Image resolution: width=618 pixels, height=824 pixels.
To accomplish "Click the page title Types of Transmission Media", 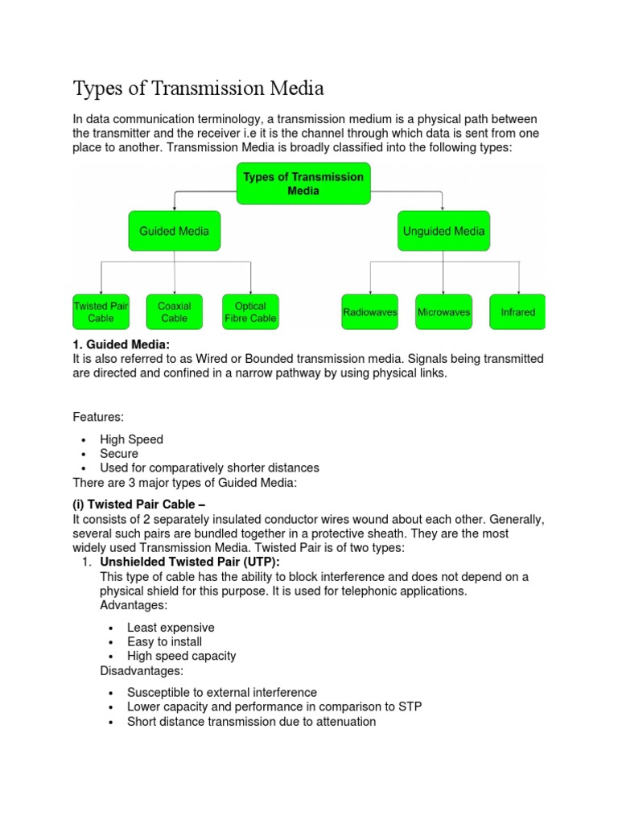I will pos(198,87).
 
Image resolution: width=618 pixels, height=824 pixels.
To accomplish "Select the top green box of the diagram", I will pos(303,183).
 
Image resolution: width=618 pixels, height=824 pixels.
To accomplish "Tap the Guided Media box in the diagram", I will pos(174,231).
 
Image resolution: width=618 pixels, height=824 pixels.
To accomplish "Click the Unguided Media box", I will pos(443,231).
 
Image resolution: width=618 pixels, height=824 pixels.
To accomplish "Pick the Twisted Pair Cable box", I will pos(101,312).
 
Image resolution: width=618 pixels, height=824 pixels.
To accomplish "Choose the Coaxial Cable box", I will pos(174,312).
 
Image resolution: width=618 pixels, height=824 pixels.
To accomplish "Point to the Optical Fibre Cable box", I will pos(250,312).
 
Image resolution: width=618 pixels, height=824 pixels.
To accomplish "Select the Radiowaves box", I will pos(369,312).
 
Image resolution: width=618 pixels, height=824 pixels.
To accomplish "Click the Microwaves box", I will pos(443,312).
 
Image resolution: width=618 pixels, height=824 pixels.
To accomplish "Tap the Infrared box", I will pos(517,312).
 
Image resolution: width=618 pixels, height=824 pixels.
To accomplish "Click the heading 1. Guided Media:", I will pos(122,345).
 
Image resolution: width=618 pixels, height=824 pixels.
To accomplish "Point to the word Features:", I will pos(99,417).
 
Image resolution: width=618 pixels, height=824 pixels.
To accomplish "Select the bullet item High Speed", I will pos(131,439).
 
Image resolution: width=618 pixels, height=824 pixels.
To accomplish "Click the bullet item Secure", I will pos(119,454).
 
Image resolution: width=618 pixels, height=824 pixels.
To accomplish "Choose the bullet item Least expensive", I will pos(171,628).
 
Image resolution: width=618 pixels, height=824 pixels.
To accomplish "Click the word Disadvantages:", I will pos(142,670).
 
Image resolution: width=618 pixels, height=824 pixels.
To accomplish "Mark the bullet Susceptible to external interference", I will pos(222,693).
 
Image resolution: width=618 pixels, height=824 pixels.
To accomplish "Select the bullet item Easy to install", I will pos(164,642).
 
